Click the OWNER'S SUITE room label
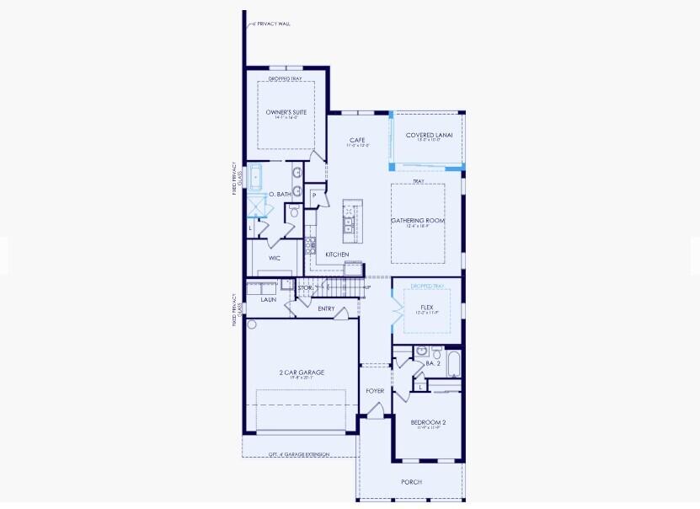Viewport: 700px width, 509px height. point(286,112)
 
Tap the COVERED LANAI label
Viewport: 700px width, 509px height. point(429,135)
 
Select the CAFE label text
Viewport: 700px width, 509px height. point(358,140)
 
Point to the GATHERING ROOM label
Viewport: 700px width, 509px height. point(417,221)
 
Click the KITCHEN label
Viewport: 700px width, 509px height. point(337,254)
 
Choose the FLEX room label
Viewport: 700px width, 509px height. point(426,308)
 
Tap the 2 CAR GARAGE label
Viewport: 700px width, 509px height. point(301,372)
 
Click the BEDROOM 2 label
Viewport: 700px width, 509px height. point(428,422)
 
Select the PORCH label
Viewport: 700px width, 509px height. point(411,482)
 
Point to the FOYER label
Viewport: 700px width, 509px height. point(375,391)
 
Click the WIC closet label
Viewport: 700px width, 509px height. point(275,258)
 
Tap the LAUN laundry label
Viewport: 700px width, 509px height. point(269,299)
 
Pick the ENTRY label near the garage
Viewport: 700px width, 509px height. point(326,308)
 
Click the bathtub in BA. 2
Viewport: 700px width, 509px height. point(453,363)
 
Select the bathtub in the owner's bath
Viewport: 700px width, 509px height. point(255,178)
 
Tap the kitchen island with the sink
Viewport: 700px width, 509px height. point(349,221)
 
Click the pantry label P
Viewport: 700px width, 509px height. point(314,195)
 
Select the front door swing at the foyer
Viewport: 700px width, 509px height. point(375,410)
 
